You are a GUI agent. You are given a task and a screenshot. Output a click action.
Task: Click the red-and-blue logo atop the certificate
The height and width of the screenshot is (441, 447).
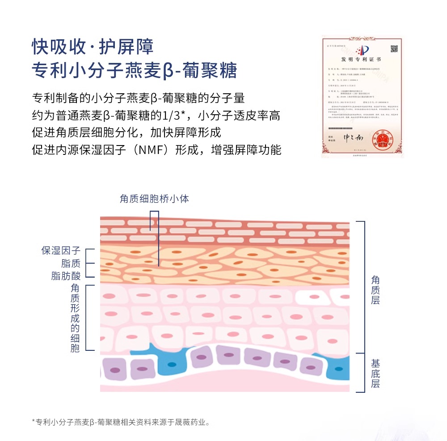click(x=362, y=49)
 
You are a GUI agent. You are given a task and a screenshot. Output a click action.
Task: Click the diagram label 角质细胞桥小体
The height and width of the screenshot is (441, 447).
click(x=154, y=199)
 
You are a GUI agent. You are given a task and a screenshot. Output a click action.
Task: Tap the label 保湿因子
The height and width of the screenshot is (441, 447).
click(x=61, y=250)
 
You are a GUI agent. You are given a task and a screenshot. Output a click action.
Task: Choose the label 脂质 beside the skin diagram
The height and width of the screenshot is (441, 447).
click(x=71, y=263)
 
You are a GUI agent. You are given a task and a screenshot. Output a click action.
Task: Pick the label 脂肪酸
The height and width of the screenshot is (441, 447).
click(x=66, y=276)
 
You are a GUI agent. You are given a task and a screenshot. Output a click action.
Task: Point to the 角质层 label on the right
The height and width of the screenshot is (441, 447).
click(x=375, y=290)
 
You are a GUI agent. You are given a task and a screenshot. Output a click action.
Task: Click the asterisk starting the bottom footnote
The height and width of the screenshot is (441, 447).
click(x=34, y=421)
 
